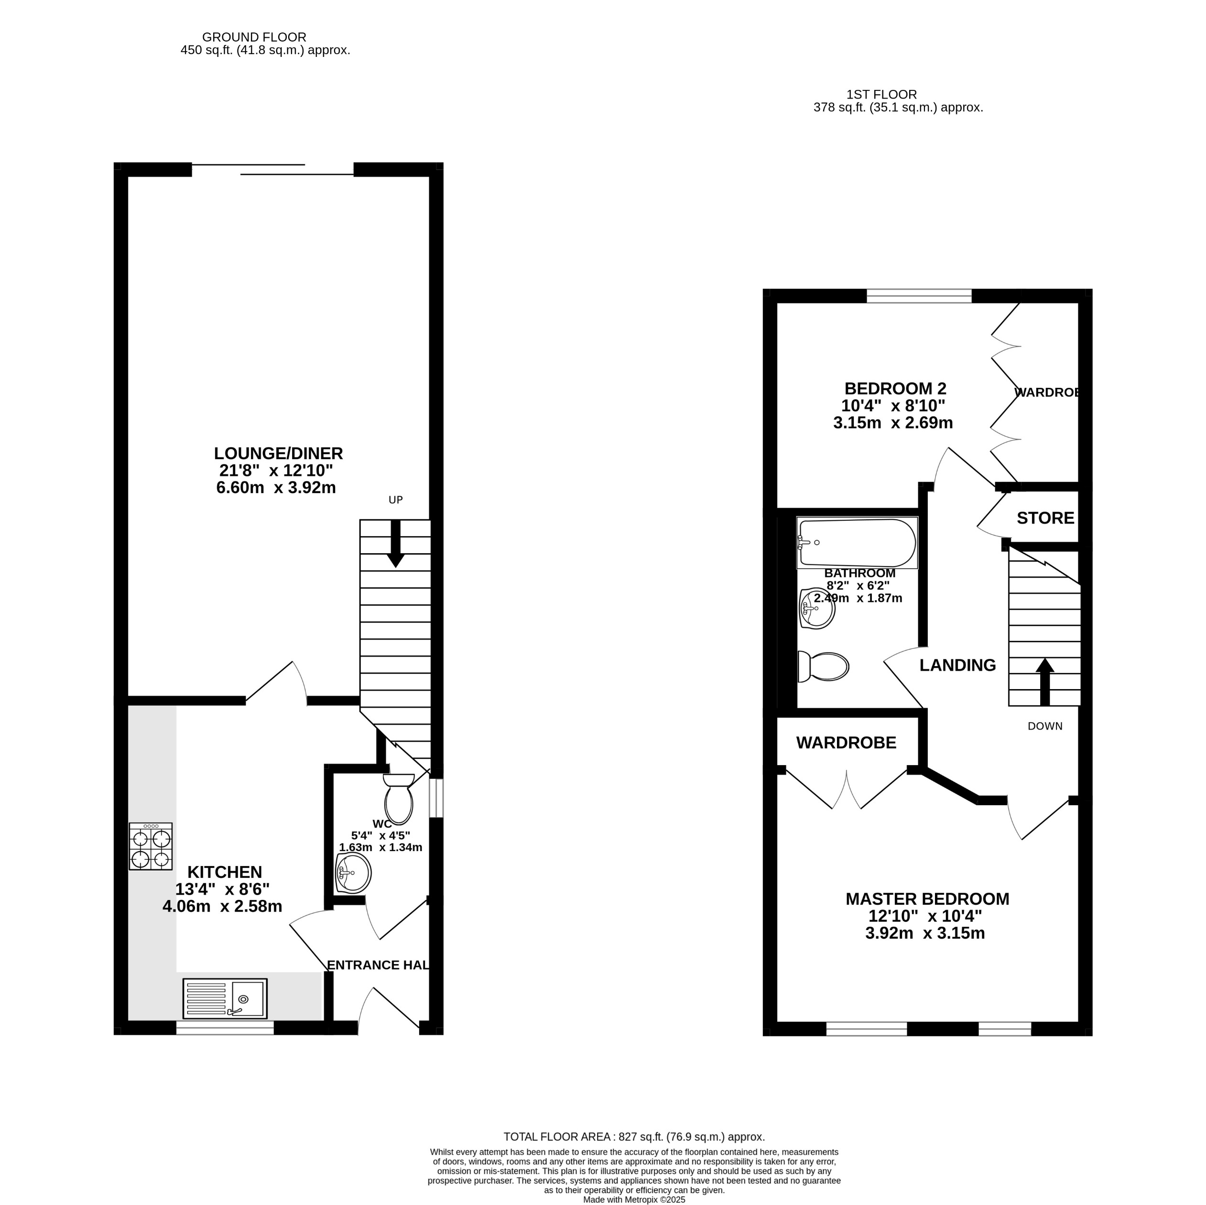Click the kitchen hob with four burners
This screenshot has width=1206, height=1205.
click(151, 846)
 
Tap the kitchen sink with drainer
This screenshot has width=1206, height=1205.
click(225, 998)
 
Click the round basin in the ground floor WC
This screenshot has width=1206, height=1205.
click(353, 873)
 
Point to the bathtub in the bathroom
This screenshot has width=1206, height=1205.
click(857, 543)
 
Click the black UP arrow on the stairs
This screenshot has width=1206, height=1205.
click(395, 543)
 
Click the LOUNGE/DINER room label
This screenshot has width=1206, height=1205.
click(278, 453)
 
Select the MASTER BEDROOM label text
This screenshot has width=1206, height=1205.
click(927, 899)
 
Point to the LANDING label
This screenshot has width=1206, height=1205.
click(957, 666)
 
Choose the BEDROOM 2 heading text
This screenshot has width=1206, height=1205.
click(895, 389)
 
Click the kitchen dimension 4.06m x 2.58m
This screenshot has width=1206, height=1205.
click(222, 906)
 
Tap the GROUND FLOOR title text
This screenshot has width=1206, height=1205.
click(254, 37)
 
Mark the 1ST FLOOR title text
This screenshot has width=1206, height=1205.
click(881, 95)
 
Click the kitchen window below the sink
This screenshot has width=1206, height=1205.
click(225, 1028)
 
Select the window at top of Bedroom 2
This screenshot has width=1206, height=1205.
click(919, 296)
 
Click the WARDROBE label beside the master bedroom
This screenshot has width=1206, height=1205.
click(846, 742)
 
